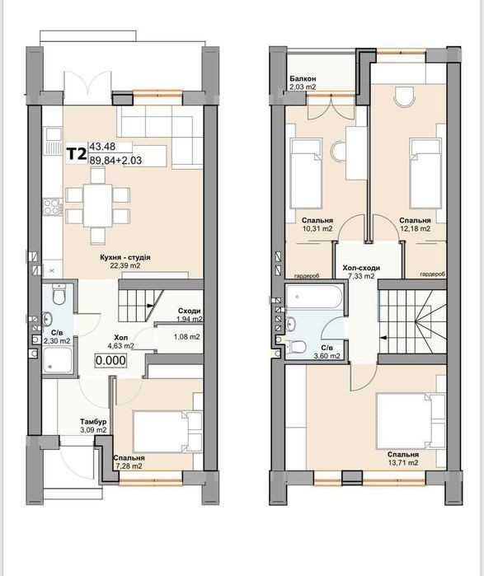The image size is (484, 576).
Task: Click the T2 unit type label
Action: (x=77, y=154)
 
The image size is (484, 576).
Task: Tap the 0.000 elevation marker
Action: (x=111, y=360)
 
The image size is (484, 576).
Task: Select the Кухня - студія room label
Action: (x=125, y=257)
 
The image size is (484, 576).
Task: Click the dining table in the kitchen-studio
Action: (x=98, y=205)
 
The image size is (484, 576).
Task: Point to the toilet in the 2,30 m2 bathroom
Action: (x=59, y=293)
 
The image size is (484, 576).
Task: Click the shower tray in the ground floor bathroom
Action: (x=58, y=359)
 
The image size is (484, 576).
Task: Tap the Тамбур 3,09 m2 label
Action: (x=94, y=425)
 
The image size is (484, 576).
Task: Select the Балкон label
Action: (x=303, y=78)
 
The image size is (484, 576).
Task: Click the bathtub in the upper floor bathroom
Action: (x=315, y=297)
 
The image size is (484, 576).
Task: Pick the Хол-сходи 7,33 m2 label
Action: (x=361, y=272)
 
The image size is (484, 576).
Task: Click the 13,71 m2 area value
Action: (x=402, y=462)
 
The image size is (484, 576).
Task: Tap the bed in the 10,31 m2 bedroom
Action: (x=306, y=173)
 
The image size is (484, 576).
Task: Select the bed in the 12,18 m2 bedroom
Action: (x=425, y=173)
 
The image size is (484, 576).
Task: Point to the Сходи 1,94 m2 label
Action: (x=188, y=315)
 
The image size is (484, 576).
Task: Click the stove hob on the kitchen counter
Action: (x=52, y=206)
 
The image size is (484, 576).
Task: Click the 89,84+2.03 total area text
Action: (x=115, y=160)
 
